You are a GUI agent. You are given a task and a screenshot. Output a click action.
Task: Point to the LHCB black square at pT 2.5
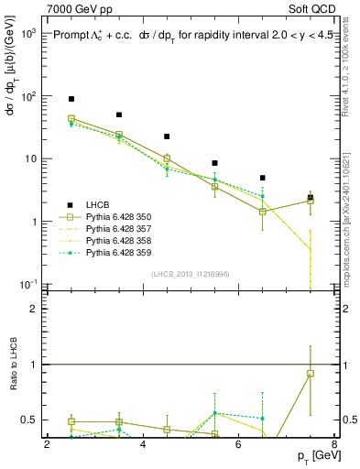(x=71, y=99)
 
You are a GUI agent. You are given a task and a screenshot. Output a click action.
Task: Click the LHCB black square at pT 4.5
(x=167, y=136)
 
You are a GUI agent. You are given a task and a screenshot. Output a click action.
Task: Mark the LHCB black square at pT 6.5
(x=262, y=178)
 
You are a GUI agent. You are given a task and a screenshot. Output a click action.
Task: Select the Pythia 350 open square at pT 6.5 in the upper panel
(x=262, y=212)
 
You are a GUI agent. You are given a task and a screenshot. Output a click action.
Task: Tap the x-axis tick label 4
(x=143, y=445)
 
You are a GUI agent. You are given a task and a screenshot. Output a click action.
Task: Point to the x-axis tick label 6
(x=238, y=445)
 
